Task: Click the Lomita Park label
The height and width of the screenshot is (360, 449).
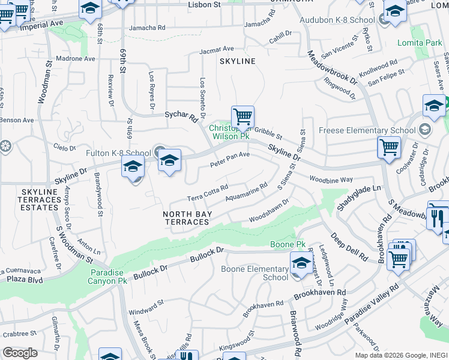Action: click(x=420, y=43)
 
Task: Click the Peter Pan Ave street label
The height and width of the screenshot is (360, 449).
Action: click(x=229, y=160)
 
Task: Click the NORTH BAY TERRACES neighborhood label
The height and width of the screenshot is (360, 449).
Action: click(x=187, y=217)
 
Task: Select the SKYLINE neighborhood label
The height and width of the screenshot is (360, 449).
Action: click(x=237, y=61)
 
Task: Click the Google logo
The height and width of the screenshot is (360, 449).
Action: click(x=20, y=352)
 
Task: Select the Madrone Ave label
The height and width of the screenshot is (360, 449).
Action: click(x=76, y=59)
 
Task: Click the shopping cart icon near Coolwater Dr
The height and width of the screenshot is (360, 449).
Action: click(x=389, y=147)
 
